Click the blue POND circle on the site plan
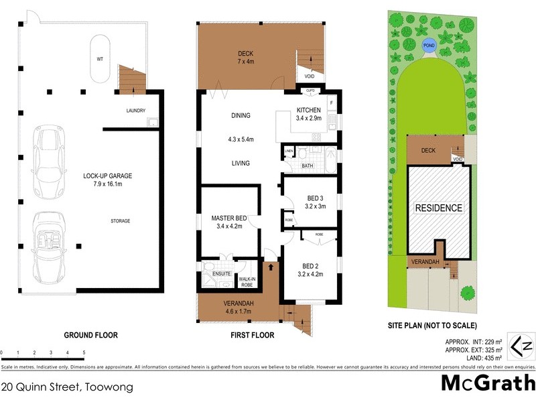tap(428, 46)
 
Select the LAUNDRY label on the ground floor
tap(135, 111)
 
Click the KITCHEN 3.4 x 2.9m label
tap(309, 114)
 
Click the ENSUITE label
tap(222, 274)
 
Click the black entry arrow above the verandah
tap(271, 267)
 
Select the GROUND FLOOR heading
tap(90, 335)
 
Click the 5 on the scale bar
tap(84, 352)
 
